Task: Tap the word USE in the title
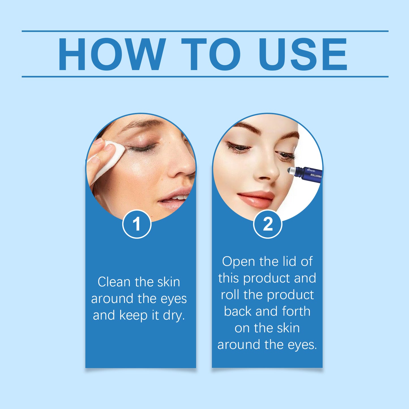303,54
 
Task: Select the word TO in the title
211,54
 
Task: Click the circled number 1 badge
137,224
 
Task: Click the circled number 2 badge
267,224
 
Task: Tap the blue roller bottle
309,174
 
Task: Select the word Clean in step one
114,282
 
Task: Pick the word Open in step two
234,262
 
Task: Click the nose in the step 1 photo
181,167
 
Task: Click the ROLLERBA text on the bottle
316,176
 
